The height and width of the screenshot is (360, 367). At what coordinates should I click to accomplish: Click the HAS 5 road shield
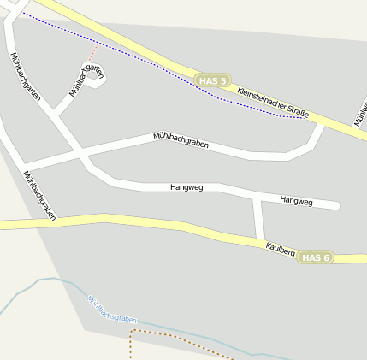[213, 81]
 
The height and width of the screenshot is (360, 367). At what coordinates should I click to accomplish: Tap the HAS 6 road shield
[316, 257]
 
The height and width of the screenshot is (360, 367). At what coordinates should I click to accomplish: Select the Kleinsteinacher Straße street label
[273, 99]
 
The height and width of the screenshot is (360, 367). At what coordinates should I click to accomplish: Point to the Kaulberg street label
[281, 250]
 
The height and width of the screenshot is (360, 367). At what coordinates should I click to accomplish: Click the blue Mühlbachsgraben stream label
[111, 309]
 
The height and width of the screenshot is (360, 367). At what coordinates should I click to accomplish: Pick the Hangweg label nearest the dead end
[297, 201]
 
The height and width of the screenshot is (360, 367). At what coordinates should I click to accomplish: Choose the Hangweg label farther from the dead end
[186, 186]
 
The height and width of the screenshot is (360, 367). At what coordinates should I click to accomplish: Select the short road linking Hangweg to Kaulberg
[257, 218]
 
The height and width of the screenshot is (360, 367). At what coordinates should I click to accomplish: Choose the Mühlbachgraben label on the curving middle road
[181, 141]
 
